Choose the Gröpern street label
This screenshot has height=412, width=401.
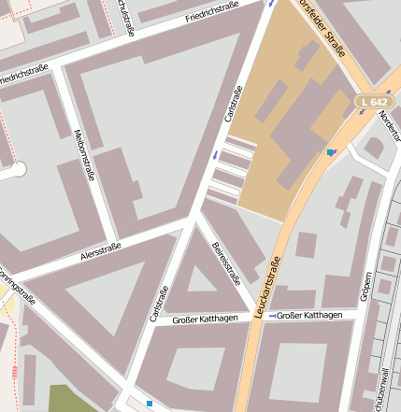(366, 288)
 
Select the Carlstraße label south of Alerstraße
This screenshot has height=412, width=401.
(159, 304)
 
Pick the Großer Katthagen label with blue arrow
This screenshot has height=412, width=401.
(308, 316)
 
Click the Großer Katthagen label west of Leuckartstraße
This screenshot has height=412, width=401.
(206, 320)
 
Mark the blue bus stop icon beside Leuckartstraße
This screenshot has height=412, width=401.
(331, 152)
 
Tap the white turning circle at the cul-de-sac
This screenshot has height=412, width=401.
(19, 169)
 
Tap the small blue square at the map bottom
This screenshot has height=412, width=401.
(149, 404)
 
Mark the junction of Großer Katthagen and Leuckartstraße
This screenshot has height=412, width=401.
(256, 318)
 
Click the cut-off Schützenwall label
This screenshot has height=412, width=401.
(384, 388)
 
